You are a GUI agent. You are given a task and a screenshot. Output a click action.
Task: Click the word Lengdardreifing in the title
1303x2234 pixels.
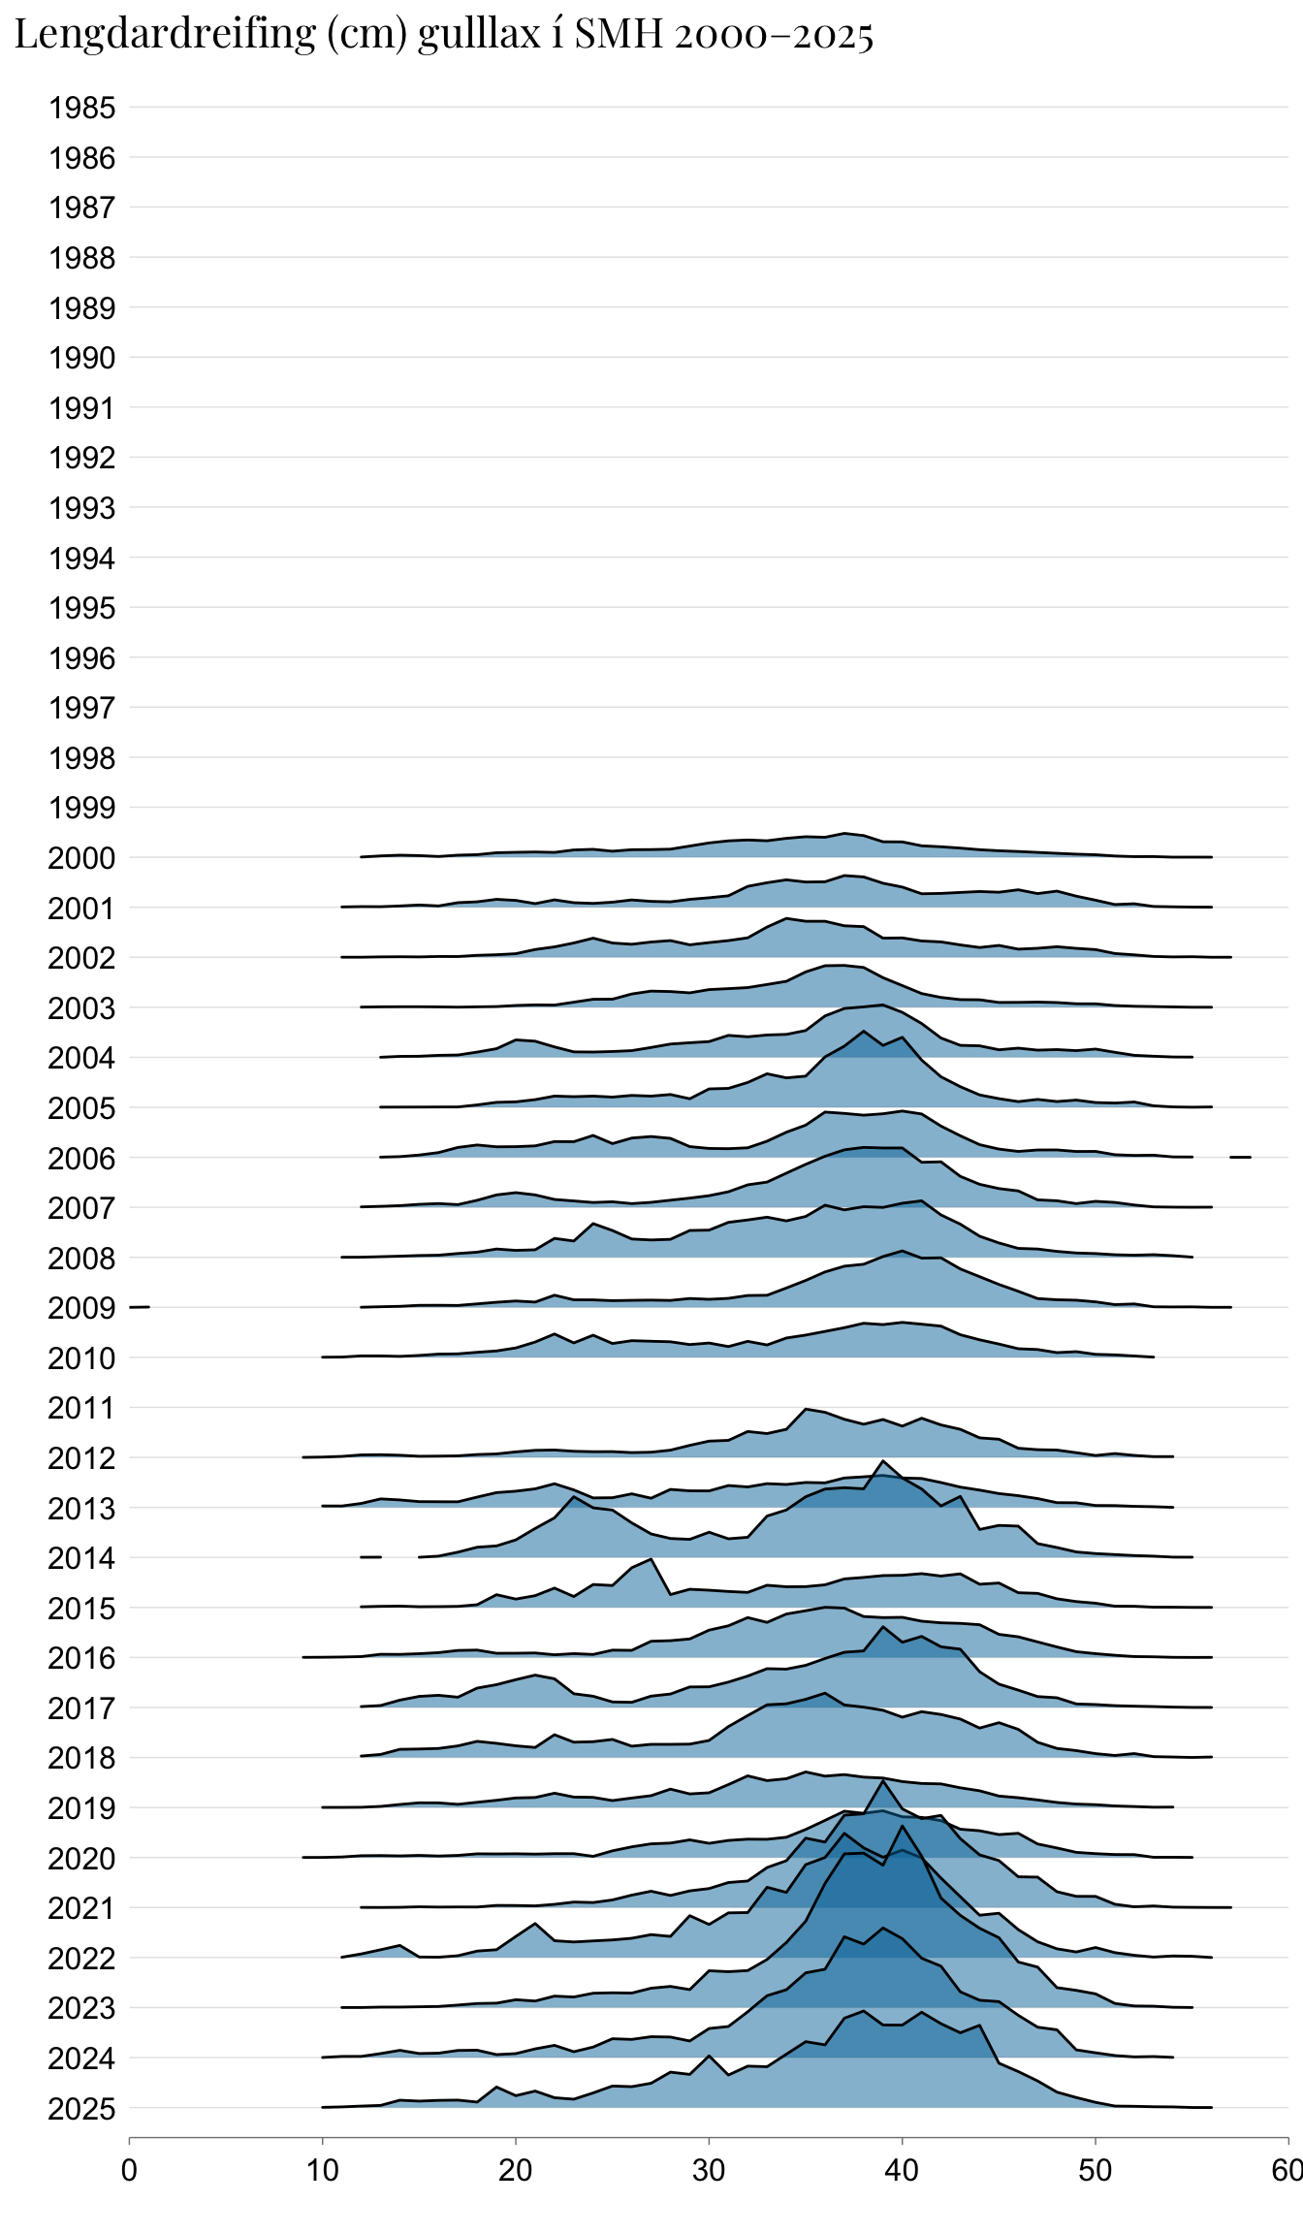(165, 35)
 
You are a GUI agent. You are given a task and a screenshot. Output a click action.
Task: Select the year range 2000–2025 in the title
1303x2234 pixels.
(774, 35)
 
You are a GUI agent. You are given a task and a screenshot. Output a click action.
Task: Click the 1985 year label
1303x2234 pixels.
(82, 108)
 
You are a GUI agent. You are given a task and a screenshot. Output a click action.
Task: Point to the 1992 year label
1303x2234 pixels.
(82, 458)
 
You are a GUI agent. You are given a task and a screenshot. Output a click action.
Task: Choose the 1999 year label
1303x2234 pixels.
(82, 808)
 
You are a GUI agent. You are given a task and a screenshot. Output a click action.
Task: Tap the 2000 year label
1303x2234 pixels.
(82, 858)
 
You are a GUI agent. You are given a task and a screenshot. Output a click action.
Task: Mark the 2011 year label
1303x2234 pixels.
(82, 1408)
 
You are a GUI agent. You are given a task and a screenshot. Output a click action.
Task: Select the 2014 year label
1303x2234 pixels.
(82, 1558)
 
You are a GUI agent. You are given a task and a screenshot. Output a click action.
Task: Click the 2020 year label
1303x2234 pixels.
(82, 1859)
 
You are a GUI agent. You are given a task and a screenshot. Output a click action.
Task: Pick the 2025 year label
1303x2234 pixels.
(82, 2109)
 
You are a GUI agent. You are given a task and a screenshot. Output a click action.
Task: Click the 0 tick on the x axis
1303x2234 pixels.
(129, 2170)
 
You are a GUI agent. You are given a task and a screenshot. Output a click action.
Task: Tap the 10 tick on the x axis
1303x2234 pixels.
(323, 2170)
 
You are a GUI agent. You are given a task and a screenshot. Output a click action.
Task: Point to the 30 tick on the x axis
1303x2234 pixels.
(709, 2170)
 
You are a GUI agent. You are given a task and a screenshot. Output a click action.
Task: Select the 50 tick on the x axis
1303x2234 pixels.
(1096, 2170)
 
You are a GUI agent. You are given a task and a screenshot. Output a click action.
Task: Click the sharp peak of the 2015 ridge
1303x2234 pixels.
(651, 1559)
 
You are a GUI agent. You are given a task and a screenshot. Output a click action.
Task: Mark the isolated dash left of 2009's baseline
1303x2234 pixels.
(140, 1308)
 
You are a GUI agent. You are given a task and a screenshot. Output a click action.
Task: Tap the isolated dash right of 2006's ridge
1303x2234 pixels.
(1240, 1157)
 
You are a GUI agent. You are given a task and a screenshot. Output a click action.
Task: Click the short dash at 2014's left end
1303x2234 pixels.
(370, 1557)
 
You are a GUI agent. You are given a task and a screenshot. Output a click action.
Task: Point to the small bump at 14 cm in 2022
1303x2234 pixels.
(399, 1946)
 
